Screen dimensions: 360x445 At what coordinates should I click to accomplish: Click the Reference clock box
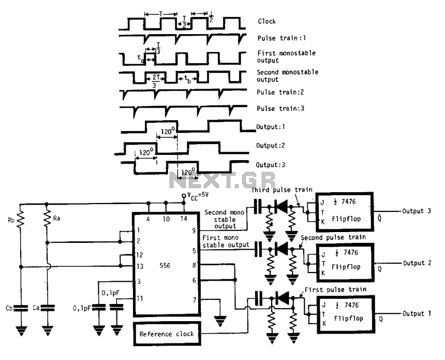click(x=167, y=333)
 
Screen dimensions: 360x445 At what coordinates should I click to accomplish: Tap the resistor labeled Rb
click(x=20, y=220)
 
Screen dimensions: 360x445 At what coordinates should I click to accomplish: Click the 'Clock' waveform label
click(x=266, y=22)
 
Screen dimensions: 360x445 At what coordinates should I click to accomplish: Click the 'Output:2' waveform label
click(x=270, y=146)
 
